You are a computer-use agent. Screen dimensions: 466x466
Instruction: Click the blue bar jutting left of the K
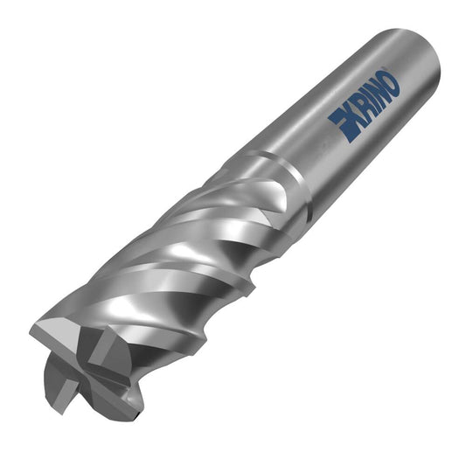(336, 117)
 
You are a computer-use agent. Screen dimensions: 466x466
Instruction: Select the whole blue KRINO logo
(365, 108)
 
